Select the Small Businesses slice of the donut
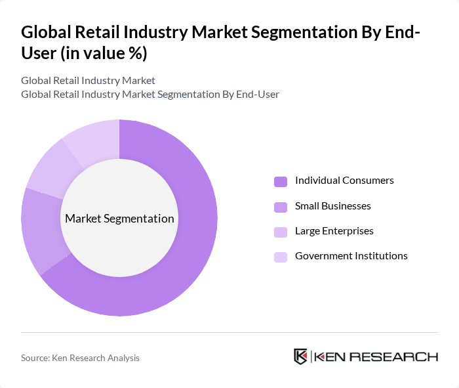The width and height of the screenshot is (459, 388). pyautogui.click(x=41, y=230)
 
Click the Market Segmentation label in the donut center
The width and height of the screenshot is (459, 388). pyautogui.click(x=119, y=219)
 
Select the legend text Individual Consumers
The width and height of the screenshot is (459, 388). pyautogui.click(x=344, y=181)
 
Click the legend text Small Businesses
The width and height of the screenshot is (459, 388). pyautogui.click(x=332, y=206)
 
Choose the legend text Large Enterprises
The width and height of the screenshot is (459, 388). pyautogui.click(x=334, y=231)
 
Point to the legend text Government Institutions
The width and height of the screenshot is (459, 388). pyautogui.click(x=351, y=256)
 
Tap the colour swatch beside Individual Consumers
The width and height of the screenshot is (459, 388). pyautogui.click(x=281, y=181)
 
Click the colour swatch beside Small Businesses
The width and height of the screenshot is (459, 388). pyautogui.click(x=281, y=207)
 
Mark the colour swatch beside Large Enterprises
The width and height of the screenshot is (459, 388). pyautogui.click(x=281, y=232)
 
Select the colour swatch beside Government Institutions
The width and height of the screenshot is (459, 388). pyautogui.click(x=281, y=257)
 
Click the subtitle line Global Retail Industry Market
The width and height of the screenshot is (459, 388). pyautogui.click(x=88, y=81)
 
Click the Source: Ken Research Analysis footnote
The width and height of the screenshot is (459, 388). pyautogui.click(x=80, y=358)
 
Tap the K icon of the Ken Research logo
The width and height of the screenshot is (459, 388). pyautogui.click(x=301, y=356)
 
